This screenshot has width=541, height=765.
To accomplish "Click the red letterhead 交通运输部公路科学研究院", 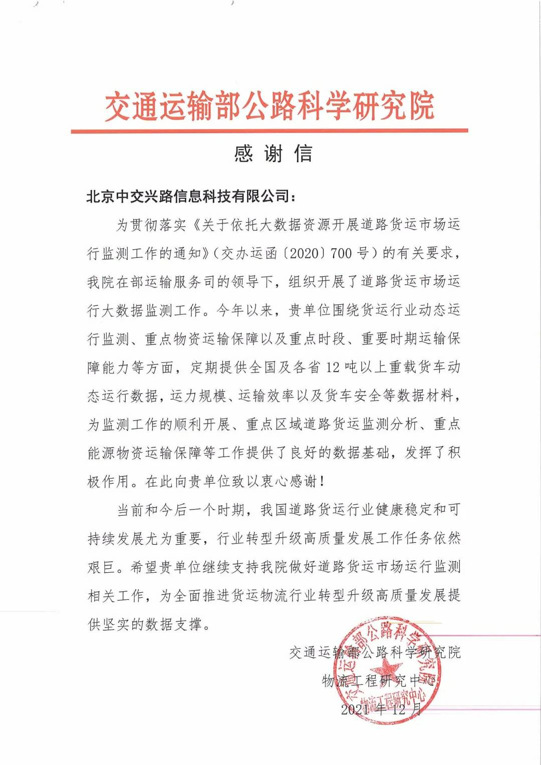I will pyautogui.click(x=269, y=107).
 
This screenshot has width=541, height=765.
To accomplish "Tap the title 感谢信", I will pyautogui.click(x=273, y=154).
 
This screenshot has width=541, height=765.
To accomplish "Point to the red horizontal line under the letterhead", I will pyautogui.click(x=269, y=131).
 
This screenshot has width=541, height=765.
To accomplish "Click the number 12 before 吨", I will pyautogui.click(x=333, y=367).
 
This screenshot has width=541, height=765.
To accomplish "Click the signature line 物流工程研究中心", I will pyautogui.click(x=379, y=681).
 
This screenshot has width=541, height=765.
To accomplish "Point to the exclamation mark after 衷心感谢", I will pyautogui.click(x=322, y=482).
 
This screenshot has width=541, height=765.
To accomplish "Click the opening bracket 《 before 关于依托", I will pyautogui.click(x=195, y=225).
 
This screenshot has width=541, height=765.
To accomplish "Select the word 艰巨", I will pyautogui.click(x=102, y=567).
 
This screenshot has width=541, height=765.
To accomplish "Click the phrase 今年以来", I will pyautogui.click(x=245, y=310).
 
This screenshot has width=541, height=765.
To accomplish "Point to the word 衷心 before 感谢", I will pyautogui.click(x=275, y=482).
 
